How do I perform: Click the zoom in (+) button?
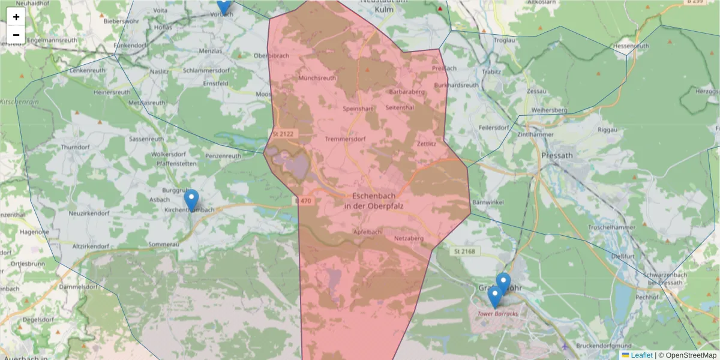tap(16, 17)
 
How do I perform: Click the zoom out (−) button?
tap(16, 35)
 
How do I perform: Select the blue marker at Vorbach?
tap(223, 5)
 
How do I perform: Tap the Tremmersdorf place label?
tap(344, 139)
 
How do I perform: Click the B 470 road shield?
tap(303, 201)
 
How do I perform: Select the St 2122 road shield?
tap(282, 134)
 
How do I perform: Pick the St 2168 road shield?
tap(464, 251)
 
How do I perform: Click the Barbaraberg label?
tap(407, 92)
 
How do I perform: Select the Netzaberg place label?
tap(409, 238)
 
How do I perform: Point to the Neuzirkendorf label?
tap(89, 213)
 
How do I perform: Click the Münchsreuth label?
tap(317, 78)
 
